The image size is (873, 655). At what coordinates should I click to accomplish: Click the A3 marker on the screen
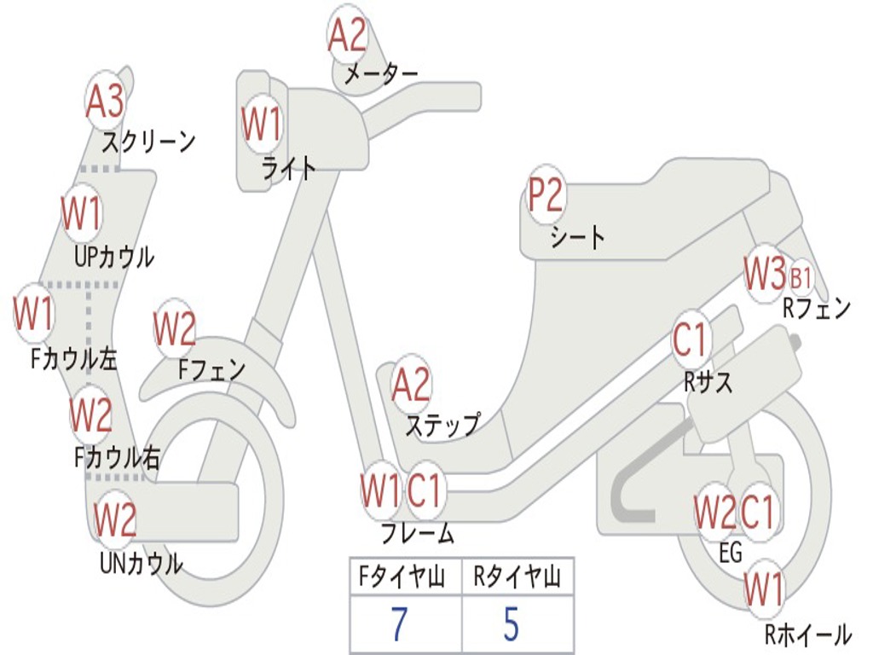[105, 102]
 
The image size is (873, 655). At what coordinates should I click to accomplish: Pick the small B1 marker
[801, 278]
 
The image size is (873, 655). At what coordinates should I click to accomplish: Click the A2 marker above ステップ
[411, 385]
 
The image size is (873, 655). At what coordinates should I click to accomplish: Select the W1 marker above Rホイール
[763, 588]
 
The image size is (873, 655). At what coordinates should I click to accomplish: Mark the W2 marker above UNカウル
[115, 519]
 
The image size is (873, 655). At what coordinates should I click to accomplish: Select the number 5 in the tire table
[512, 624]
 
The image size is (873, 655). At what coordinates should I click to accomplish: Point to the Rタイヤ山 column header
[517, 578]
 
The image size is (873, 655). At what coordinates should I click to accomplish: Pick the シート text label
[577, 237]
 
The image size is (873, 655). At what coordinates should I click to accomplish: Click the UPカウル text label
[114, 256]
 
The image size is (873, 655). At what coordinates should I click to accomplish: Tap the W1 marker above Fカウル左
[34, 314]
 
